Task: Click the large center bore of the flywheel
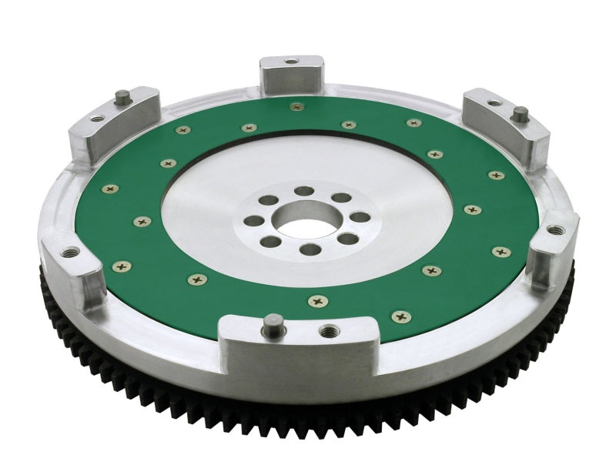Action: (x=306, y=219)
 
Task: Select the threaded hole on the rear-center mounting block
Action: (x=291, y=61)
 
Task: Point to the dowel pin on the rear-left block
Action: (x=122, y=96)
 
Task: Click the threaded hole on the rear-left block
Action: (x=96, y=118)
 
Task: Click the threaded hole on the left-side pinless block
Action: (x=68, y=252)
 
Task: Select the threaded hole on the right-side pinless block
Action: (x=553, y=229)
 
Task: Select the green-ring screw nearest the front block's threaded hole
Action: (x=314, y=301)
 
